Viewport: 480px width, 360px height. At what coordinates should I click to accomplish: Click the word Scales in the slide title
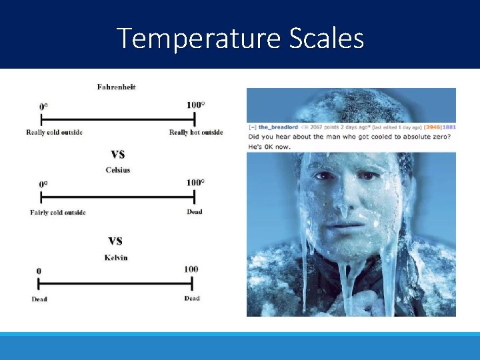tap(327, 39)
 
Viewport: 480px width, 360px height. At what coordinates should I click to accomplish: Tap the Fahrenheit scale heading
tap(116, 87)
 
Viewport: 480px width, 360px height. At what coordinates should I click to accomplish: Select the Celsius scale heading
tap(118, 170)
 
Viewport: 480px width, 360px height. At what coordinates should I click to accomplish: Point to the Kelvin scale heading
tap(116, 257)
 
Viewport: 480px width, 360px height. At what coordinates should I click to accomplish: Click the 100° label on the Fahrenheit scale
tap(195, 105)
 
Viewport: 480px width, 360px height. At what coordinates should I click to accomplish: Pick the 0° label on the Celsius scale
tap(44, 183)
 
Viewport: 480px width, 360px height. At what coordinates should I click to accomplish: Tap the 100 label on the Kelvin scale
tap(191, 269)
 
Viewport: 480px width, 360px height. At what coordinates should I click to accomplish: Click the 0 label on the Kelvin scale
tap(39, 271)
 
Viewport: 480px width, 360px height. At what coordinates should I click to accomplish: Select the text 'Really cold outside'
tap(54, 132)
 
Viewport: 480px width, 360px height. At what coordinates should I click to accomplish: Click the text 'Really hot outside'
tap(196, 132)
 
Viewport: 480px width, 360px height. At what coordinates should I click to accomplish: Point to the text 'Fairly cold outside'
tap(58, 213)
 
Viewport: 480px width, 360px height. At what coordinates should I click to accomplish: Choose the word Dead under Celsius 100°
tap(195, 211)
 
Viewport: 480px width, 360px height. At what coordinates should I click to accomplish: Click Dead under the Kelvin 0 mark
tap(39, 299)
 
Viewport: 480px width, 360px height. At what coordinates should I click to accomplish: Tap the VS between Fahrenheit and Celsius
tap(117, 154)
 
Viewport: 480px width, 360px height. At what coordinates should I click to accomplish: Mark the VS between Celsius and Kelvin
tap(115, 241)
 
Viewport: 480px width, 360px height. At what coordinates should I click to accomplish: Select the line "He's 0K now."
tap(269, 146)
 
